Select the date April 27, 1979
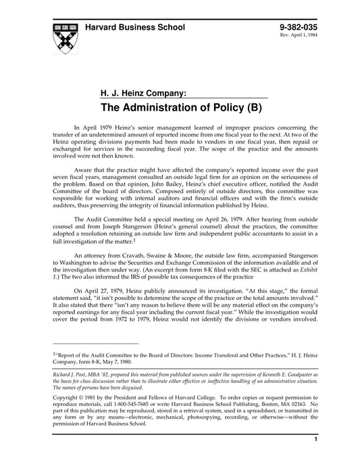coord(107,299)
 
